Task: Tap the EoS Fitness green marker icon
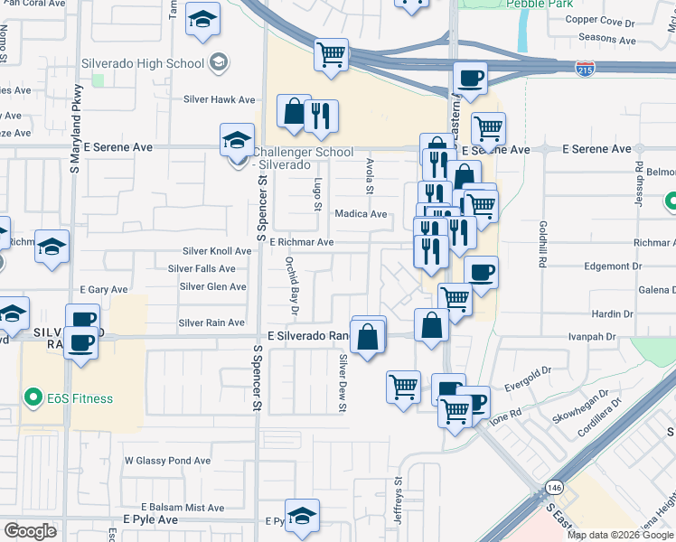pos(33,397)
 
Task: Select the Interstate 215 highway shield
pos(585,67)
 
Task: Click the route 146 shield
pos(553,488)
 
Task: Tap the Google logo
pos(30,531)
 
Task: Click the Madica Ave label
pos(361,214)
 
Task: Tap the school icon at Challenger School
pos(237,140)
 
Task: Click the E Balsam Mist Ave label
pos(182,509)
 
